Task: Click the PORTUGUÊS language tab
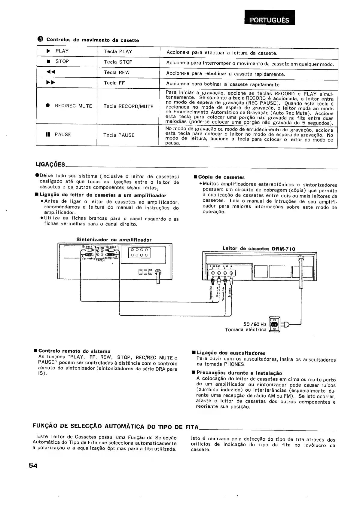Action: point(270,20)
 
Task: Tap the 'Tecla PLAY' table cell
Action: point(118,52)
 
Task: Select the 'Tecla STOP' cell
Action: point(118,62)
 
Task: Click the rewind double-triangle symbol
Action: point(51,72)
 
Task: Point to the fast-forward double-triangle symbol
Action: point(51,82)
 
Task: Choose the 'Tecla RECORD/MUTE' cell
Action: point(128,106)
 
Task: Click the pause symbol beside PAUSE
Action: point(47,135)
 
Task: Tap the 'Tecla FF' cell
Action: point(114,83)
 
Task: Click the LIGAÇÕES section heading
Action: point(50,164)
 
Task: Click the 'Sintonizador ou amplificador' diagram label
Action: point(114,240)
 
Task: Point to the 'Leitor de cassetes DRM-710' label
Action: point(259,249)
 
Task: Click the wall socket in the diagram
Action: point(274,325)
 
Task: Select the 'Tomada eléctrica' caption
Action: point(246,330)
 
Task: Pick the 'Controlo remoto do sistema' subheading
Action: point(74,351)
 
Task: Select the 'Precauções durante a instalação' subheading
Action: point(239,373)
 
